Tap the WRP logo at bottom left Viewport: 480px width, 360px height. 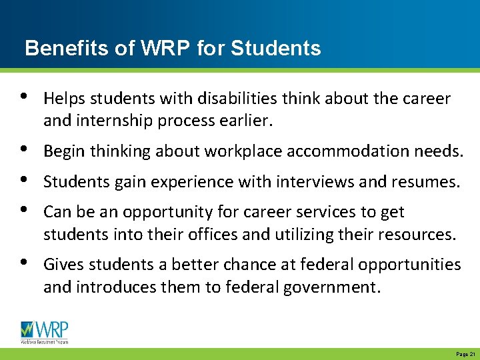45,332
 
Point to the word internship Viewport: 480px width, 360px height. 109,122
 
